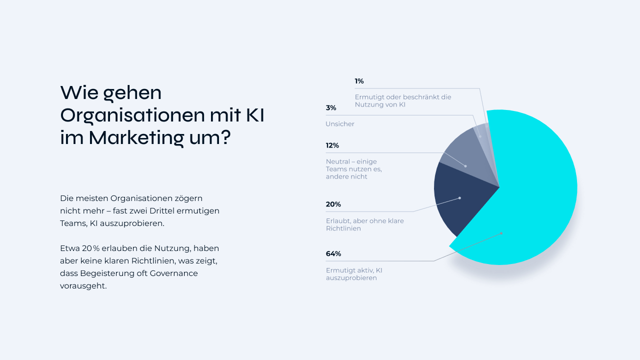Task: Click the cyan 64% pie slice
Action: click(535, 200)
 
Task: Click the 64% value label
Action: click(333, 253)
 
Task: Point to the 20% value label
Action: click(333, 204)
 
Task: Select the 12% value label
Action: click(332, 145)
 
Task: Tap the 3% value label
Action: click(331, 107)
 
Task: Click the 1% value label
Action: click(359, 81)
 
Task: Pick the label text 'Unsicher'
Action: click(340, 124)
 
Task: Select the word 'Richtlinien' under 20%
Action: click(343, 228)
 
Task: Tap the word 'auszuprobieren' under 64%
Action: click(351, 278)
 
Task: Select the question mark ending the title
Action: click(225, 137)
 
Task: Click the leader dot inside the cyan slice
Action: click(501, 233)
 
